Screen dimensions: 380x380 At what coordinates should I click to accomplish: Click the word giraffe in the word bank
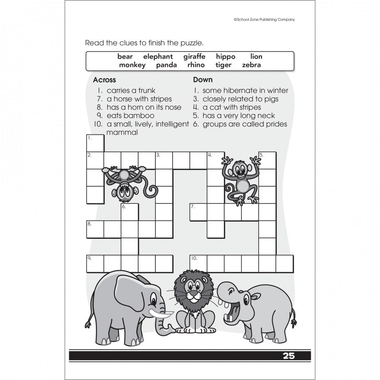tap(194, 56)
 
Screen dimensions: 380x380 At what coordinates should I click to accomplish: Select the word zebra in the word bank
tap(251, 65)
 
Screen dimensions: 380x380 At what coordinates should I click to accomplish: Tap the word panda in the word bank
tap(166, 65)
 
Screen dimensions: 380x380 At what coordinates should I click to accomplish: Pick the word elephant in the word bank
tap(158, 56)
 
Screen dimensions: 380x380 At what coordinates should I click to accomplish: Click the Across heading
tap(104, 80)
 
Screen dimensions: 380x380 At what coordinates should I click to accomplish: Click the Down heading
tap(203, 80)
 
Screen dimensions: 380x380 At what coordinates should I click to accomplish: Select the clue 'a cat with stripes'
tap(232, 107)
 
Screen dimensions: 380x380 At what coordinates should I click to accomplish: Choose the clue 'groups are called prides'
tap(245, 124)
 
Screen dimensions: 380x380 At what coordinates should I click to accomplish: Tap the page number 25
tap(289, 356)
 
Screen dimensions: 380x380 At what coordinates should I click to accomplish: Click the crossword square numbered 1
tap(95, 143)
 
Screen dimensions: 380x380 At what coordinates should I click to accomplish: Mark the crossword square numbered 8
tap(95, 229)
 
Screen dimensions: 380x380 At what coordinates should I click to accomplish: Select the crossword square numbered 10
tap(198, 263)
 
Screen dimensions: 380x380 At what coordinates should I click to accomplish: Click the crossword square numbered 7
tap(198, 212)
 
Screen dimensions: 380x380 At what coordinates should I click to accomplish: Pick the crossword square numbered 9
tap(95, 263)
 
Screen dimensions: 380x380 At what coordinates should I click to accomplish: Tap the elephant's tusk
tap(161, 313)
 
